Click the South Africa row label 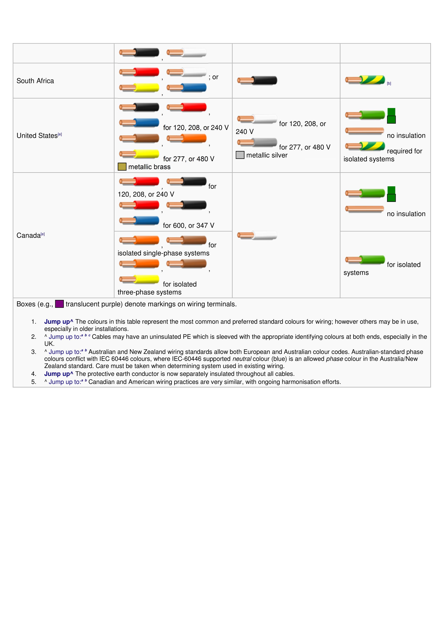pyautogui.click(x=35, y=81)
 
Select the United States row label pyautogui.click(x=37, y=136)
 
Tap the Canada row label pyautogui.click(x=29, y=235)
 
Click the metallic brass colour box pyautogui.click(x=122, y=167)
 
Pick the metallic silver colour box pyautogui.click(x=240, y=155)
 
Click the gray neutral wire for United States pyautogui.click(x=257, y=142)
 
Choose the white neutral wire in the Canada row pyautogui.click(x=257, y=235)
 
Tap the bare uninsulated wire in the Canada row pyautogui.click(x=365, y=209)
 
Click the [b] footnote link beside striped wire pyautogui.click(x=389, y=84)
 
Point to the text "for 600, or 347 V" pyautogui.click(x=188, y=226)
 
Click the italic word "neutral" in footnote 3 pyautogui.click(x=242, y=359)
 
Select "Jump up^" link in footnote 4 pyautogui.click(x=59, y=374)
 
